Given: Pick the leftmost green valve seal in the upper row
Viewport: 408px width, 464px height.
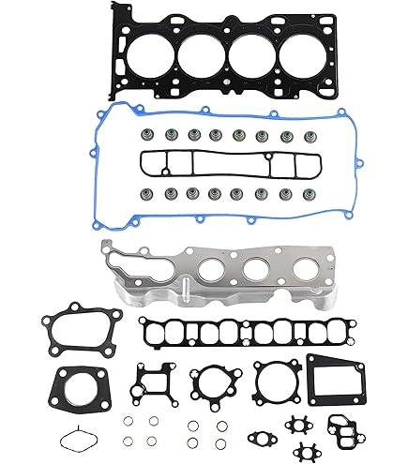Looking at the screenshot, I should click(x=148, y=134).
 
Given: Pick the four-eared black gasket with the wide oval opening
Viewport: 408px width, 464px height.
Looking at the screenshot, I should click(x=69, y=332).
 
